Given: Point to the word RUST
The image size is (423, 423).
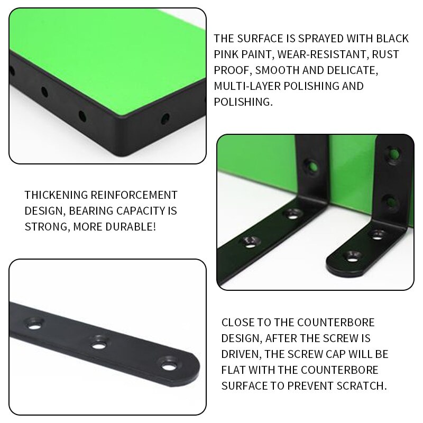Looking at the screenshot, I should pyautogui.click(x=384, y=54).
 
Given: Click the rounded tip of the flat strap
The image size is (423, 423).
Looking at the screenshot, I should pyautogui.click(x=193, y=365).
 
